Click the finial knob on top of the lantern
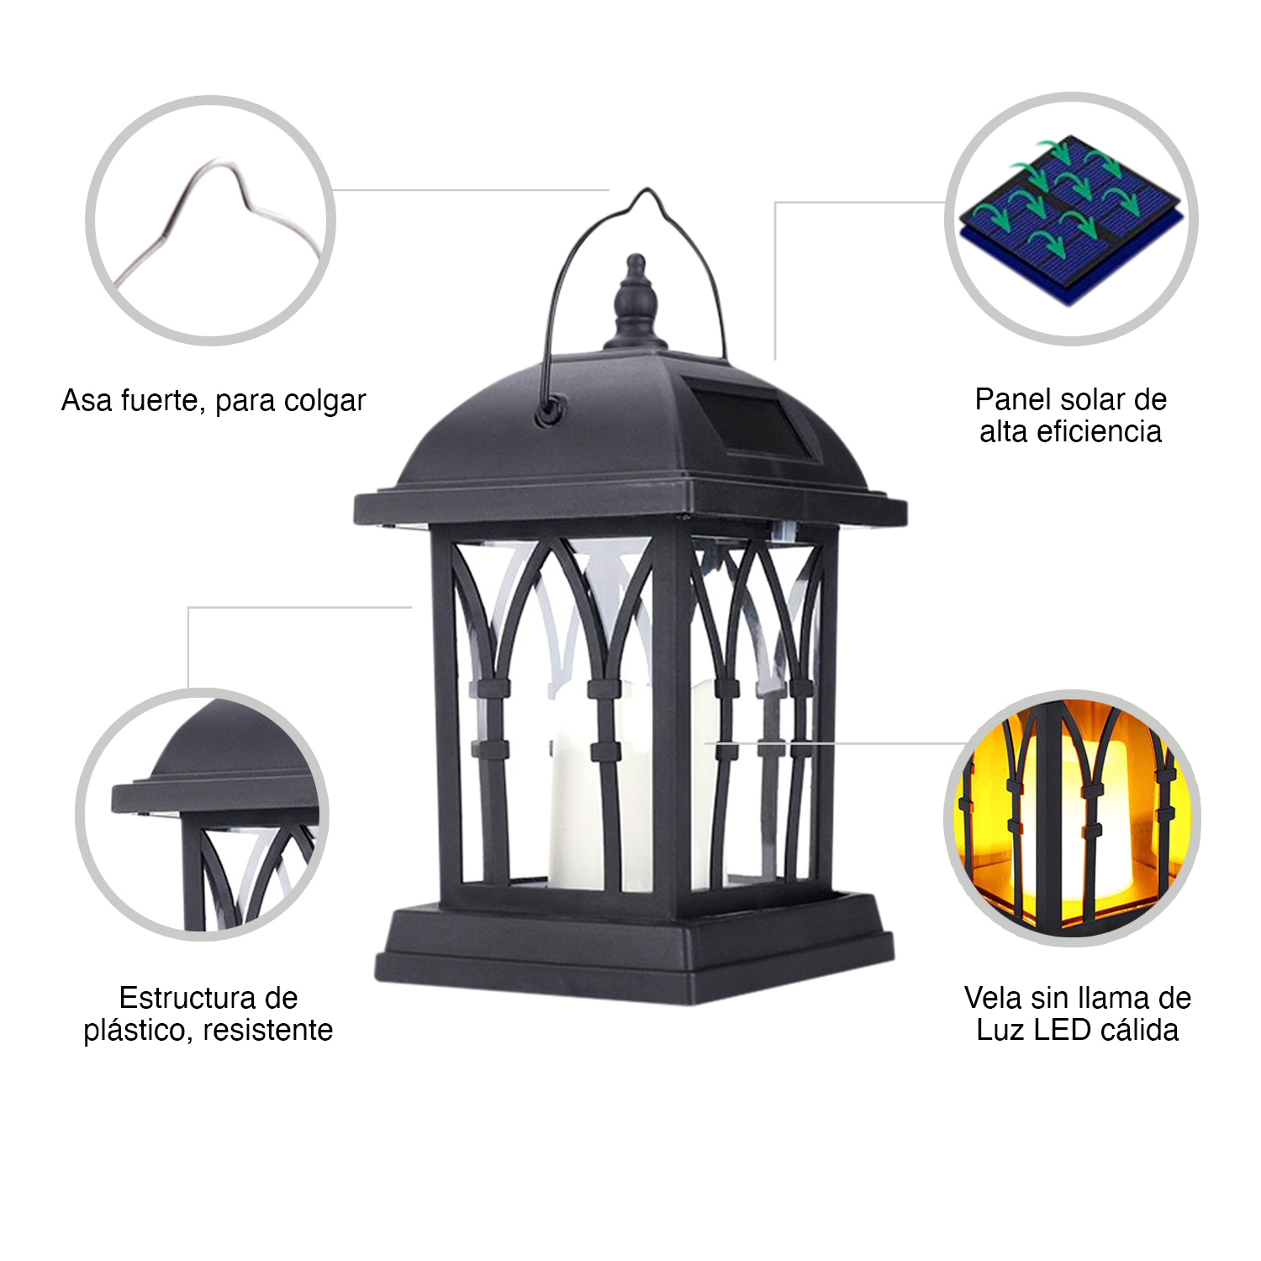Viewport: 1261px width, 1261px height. tap(636, 303)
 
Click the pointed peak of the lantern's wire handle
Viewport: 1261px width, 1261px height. tap(646, 191)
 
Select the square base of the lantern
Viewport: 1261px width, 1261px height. tap(635, 950)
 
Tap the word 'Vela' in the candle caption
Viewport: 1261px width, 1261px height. tap(994, 998)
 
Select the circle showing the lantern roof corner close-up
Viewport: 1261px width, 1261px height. tap(203, 814)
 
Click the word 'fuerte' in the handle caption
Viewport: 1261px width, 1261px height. tap(162, 401)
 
